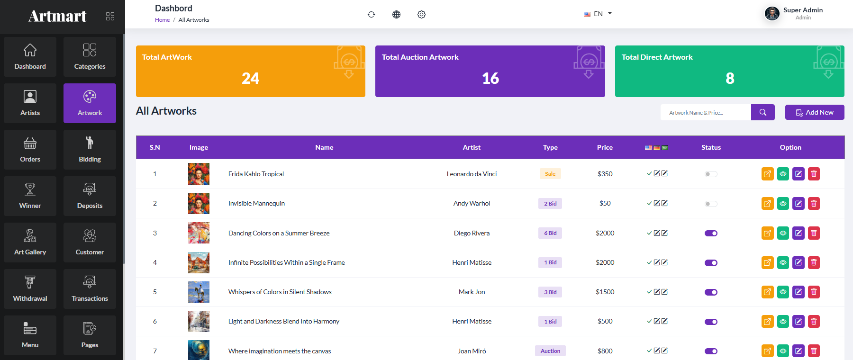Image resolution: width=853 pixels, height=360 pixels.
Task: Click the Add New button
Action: click(x=815, y=112)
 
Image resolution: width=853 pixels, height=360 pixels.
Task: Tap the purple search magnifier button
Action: click(x=763, y=112)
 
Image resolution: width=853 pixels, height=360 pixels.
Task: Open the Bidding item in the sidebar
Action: click(x=90, y=150)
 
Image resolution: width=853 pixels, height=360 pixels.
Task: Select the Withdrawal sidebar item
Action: click(x=30, y=289)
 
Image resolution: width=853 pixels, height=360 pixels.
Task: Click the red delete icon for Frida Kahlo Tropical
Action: click(x=814, y=174)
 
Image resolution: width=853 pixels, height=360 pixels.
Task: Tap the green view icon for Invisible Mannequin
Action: click(x=783, y=204)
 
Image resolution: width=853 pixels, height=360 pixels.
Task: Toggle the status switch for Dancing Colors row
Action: click(x=711, y=233)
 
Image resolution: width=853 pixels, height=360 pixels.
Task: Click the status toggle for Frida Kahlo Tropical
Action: click(x=711, y=174)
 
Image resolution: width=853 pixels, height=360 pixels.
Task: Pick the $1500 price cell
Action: click(x=605, y=292)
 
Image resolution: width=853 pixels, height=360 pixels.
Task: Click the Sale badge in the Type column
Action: click(x=550, y=174)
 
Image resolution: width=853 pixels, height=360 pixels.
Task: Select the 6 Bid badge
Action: click(x=550, y=233)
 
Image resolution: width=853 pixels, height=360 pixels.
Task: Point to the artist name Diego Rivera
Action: click(x=472, y=233)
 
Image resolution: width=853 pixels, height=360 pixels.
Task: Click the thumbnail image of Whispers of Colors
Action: click(x=199, y=292)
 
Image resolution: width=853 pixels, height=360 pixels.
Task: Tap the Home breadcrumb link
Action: click(x=162, y=20)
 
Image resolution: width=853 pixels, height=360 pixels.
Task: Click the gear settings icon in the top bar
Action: click(x=421, y=14)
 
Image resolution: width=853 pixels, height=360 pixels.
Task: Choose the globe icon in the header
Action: click(x=396, y=14)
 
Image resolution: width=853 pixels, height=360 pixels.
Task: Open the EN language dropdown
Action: click(x=598, y=14)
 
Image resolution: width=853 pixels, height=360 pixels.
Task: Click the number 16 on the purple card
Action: click(x=490, y=78)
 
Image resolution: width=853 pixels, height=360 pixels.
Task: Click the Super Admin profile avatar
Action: click(x=772, y=13)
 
